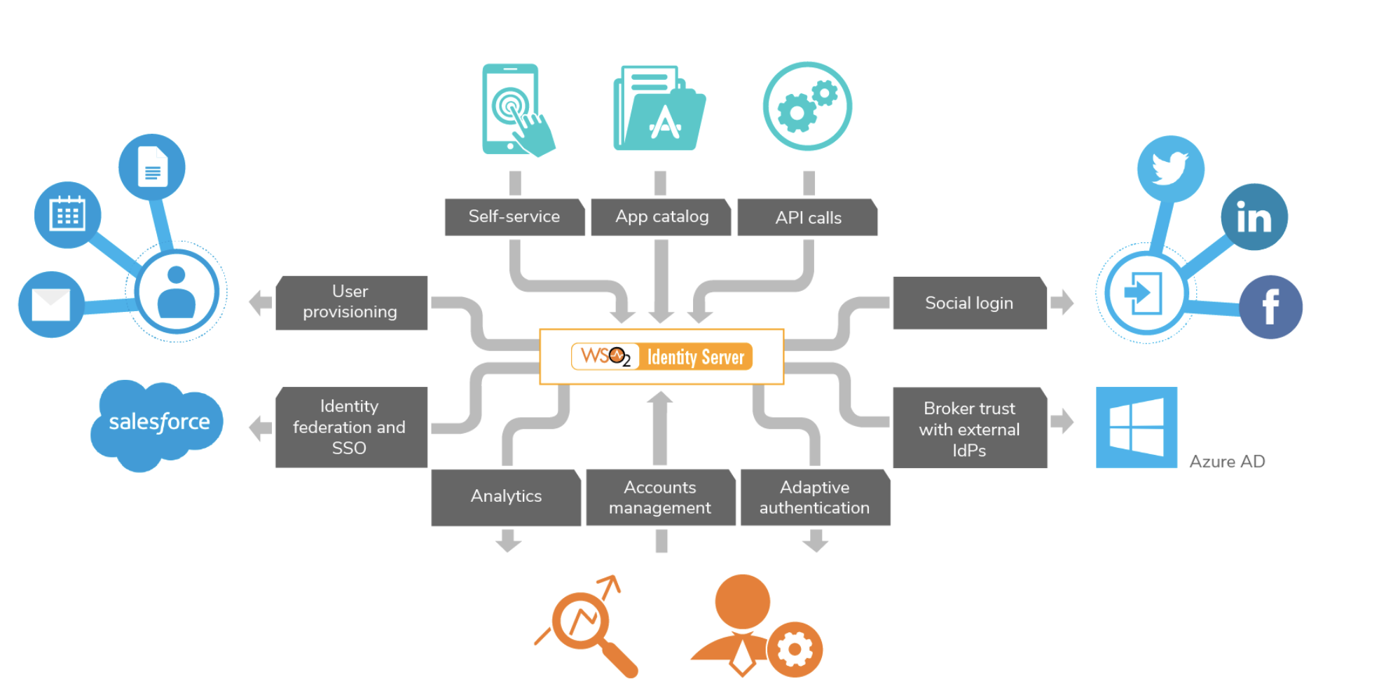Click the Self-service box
(x=514, y=217)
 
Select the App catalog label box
(x=661, y=217)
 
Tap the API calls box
(x=807, y=217)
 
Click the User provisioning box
(x=351, y=302)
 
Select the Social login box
(x=969, y=303)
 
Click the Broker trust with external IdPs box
(x=969, y=428)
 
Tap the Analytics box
(x=506, y=496)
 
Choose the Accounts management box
(x=660, y=497)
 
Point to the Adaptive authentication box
(x=815, y=497)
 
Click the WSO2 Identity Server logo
(x=661, y=357)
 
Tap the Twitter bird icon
(x=1170, y=169)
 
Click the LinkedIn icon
(x=1254, y=217)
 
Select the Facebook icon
(x=1270, y=307)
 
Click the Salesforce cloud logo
(x=158, y=423)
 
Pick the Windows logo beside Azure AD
(x=1136, y=427)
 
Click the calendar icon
(x=67, y=214)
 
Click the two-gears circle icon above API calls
(x=807, y=107)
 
